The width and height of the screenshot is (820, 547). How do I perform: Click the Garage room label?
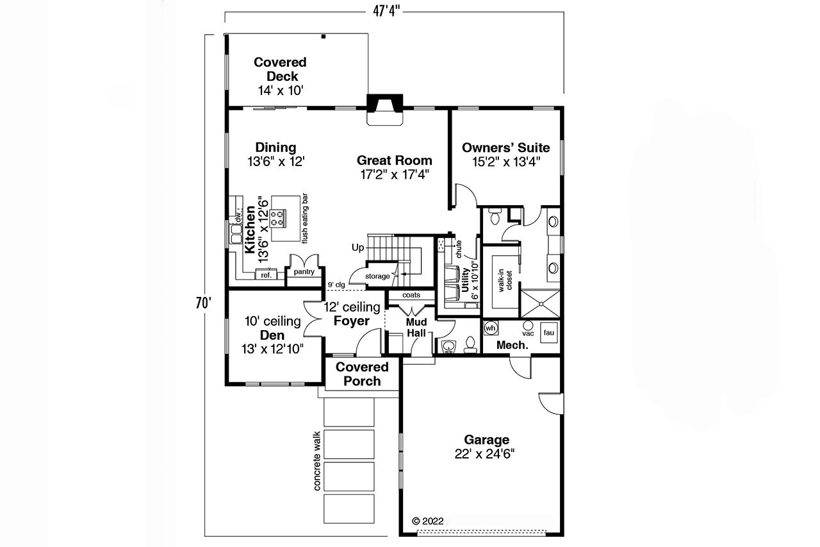(x=486, y=440)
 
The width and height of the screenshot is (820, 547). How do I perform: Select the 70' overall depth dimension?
(x=204, y=303)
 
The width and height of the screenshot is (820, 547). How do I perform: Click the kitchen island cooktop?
(x=278, y=218)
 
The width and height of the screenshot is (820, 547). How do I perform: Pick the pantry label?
(x=304, y=272)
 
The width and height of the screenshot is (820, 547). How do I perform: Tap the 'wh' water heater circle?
(x=491, y=328)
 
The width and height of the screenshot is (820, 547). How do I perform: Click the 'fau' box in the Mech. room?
(x=548, y=332)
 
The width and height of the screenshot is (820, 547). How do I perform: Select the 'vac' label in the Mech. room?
(x=528, y=333)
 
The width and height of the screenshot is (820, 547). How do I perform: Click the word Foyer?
(x=351, y=321)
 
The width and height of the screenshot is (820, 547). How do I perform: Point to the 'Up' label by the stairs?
(x=357, y=247)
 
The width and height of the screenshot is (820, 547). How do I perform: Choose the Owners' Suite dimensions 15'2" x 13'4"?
(x=506, y=162)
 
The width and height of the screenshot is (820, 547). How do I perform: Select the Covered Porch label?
(x=362, y=374)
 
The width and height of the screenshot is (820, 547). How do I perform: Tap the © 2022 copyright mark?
(x=427, y=521)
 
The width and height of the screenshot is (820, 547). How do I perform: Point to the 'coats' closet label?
(x=411, y=295)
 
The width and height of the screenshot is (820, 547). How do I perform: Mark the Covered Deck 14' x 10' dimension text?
(x=281, y=91)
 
